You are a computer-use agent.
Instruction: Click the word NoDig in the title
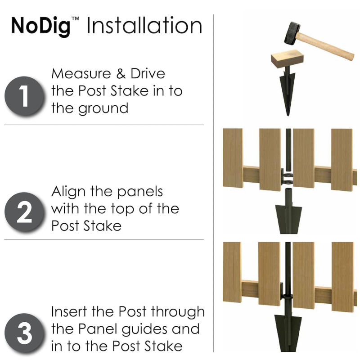point(40,26)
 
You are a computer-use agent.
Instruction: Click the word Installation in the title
point(144,26)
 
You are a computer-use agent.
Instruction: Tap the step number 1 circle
point(24,96)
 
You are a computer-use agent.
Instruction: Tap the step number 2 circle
point(24,211)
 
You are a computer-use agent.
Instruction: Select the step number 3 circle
point(24,333)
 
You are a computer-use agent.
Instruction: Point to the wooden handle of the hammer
point(326,46)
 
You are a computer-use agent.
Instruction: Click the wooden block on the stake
point(287,59)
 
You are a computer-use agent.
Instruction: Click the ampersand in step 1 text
point(121,73)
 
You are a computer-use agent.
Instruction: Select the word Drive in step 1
point(148,73)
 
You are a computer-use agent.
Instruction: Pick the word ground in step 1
point(103,109)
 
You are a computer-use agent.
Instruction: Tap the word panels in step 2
point(140,192)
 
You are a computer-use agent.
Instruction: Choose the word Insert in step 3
point(69,311)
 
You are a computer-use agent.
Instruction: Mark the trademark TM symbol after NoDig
point(76,19)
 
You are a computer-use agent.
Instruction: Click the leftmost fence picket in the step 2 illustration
point(233,158)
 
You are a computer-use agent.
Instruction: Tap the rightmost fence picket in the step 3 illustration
point(342,277)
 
